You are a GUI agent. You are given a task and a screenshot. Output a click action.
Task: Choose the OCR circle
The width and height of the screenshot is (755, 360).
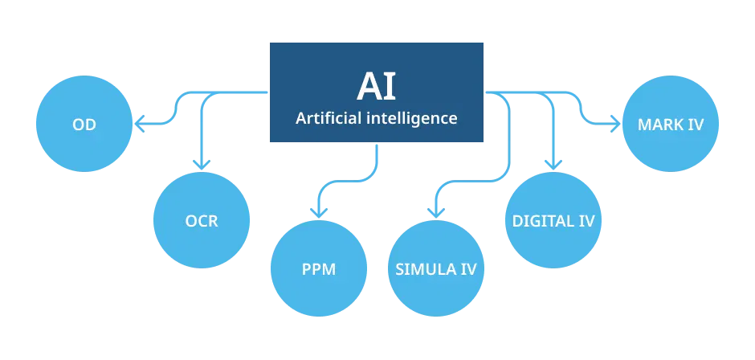tap(201, 220)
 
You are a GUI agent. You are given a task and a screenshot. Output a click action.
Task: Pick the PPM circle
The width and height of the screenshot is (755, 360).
tap(319, 268)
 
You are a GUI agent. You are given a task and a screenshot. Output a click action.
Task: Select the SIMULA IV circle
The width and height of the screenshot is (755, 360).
tap(436, 268)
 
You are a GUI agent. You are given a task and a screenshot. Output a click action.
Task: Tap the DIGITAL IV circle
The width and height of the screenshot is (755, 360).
tap(553, 221)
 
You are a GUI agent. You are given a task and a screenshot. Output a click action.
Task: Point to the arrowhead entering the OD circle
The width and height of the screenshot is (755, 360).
tap(137, 124)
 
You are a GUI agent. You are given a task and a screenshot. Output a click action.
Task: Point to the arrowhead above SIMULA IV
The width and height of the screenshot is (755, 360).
tap(434, 212)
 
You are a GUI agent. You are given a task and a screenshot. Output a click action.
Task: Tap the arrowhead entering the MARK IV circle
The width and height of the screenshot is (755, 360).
tap(616, 125)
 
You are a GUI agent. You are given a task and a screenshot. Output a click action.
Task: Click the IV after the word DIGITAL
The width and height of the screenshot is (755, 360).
tap(586, 221)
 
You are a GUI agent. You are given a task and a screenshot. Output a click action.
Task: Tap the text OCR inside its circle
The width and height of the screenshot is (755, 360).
tap(201, 221)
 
